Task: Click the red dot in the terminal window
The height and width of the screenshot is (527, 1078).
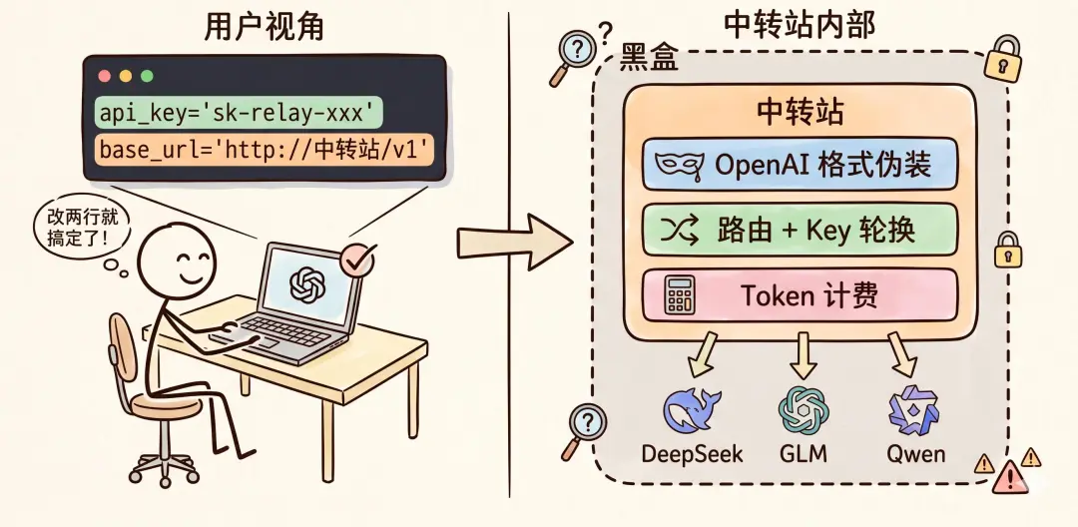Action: point(105,76)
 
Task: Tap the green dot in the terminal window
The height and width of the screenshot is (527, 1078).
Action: point(147,76)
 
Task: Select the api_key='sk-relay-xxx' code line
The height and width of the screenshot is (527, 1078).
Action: point(239,113)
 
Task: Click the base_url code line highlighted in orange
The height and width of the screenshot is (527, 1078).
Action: point(266,149)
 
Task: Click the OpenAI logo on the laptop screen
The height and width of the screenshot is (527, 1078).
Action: point(306,283)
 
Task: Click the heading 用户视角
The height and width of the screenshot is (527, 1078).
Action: point(264,28)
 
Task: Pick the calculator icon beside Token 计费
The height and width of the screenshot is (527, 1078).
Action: point(679,296)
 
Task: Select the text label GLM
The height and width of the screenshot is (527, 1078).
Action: point(804,453)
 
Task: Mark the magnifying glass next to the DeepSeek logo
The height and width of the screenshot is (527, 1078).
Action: point(584,431)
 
